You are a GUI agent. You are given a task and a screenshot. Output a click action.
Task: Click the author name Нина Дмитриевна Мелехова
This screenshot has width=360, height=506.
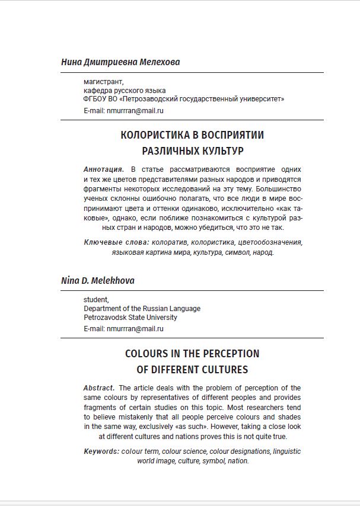pos(120,62)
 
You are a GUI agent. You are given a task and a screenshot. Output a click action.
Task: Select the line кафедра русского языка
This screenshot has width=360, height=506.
pos(125,91)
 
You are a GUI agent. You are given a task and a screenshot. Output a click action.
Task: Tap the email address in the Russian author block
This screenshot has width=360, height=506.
pos(135,110)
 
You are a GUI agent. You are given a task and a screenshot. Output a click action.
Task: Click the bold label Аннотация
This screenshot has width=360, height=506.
pos(104,169)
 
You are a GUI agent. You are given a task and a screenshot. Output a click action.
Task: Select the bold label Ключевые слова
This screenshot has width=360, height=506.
pos(116,242)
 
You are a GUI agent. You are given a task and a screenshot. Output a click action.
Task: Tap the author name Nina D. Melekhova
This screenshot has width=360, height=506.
pos(98,281)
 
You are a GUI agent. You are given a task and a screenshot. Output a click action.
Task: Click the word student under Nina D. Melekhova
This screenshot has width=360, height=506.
pos(96,300)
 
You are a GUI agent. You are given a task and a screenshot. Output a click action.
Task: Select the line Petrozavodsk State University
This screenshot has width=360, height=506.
pos(130,318)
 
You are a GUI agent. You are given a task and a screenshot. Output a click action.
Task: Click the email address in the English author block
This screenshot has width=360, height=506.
pos(135,329)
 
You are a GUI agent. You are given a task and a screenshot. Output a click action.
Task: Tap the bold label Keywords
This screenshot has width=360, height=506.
pos(101,451)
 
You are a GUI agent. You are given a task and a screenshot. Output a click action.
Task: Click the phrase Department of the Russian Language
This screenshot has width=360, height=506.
pos(142,309)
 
